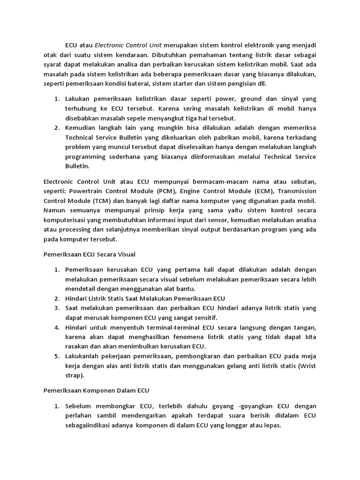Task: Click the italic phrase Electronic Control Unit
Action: click(x=128, y=45)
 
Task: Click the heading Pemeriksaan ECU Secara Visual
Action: click(x=89, y=255)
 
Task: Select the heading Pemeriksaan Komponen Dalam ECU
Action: click(x=96, y=390)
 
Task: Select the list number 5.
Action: click(x=56, y=356)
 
